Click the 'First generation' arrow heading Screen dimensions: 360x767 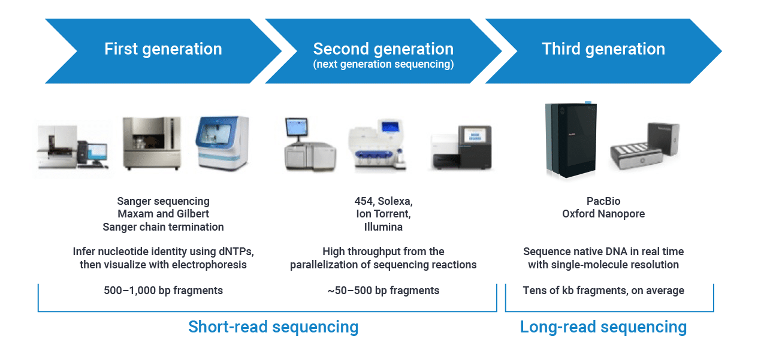click(163, 49)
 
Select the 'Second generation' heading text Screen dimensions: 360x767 click(383, 49)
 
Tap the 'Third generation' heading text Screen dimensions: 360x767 click(603, 49)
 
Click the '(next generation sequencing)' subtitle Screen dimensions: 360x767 click(383, 64)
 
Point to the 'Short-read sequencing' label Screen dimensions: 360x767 click(273, 327)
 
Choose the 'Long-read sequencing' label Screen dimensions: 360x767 click(603, 327)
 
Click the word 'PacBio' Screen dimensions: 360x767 click(603, 201)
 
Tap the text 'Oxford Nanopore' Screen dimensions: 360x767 click(603, 214)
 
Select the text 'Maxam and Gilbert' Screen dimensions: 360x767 click(163, 214)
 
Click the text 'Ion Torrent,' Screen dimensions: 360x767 click(383, 214)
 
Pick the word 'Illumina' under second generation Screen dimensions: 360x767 click(383, 227)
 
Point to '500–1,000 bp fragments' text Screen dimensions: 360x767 click(163, 291)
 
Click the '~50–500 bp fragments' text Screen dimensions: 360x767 click(383, 291)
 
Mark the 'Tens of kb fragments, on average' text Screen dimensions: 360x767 click(603, 291)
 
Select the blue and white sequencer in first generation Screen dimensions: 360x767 click(222, 144)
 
